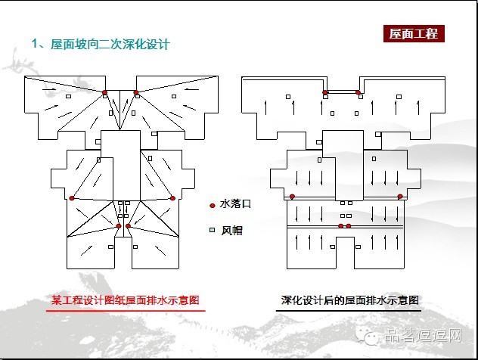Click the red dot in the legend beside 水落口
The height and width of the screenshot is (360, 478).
click(x=213, y=204)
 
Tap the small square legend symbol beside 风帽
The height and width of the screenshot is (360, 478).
click(x=213, y=230)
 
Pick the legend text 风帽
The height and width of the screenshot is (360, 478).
click(x=231, y=230)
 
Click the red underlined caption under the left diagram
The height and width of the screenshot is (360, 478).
click(x=125, y=300)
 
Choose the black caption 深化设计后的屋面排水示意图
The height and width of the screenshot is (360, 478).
click(x=350, y=300)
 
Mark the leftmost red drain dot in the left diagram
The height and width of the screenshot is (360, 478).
click(x=72, y=198)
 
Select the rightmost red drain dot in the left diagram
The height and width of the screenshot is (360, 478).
click(x=172, y=198)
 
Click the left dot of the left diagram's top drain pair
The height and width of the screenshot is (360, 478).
click(x=105, y=93)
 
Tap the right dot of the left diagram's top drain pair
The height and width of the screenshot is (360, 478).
click(x=136, y=93)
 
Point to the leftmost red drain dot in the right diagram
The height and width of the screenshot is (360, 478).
click(x=292, y=197)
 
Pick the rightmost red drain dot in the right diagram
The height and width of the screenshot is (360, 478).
click(x=400, y=197)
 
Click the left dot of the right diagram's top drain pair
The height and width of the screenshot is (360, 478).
click(x=325, y=92)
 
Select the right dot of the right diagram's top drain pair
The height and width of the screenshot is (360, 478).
click(x=358, y=92)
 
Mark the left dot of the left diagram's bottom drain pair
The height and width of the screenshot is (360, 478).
click(x=119, y=225)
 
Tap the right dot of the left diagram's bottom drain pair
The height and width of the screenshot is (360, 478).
click(x=128, y=225)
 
